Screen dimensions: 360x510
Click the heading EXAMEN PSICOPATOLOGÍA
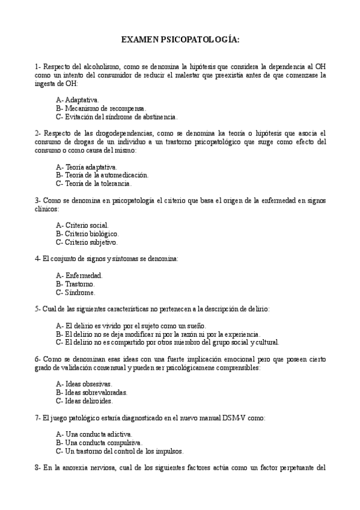180,40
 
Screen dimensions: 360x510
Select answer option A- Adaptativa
78,99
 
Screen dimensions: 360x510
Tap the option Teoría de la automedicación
102,175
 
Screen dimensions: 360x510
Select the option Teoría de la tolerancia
93,183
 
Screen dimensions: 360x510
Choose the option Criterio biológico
87,233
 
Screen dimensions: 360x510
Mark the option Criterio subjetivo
87,242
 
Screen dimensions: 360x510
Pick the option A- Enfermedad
79,275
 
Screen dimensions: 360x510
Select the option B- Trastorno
75,284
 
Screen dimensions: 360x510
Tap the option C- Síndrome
75,292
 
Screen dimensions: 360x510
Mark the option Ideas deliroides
84,401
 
